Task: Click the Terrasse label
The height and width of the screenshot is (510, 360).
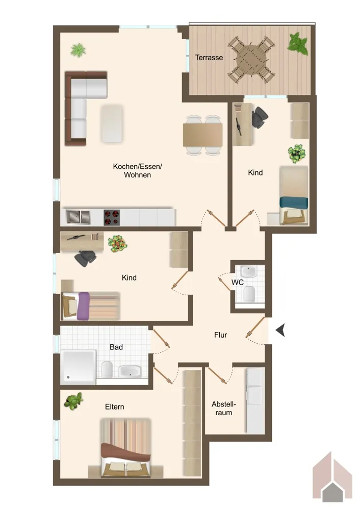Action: pos(209,58)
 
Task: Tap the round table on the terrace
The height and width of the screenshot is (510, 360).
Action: pos(251,60)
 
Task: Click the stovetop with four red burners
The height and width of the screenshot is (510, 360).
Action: pos(112,218)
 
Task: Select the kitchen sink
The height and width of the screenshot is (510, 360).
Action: pos(78,217)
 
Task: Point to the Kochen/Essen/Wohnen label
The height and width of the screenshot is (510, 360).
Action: pos(137,171)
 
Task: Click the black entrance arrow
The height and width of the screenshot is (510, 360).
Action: pos(280,330)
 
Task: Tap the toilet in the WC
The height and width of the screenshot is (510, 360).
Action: pos(249,294)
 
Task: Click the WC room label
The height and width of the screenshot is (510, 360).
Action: pos(238,283)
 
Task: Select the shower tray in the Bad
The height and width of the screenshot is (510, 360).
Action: pos(78,367)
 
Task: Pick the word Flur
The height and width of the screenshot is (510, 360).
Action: pos(220,335)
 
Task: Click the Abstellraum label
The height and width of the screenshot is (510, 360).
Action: pos(224,409)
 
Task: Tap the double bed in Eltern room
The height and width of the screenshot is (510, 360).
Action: pos(125,448)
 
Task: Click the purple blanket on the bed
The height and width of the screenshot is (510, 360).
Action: pos(83,306)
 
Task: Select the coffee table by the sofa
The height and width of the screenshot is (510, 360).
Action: pos(112,123)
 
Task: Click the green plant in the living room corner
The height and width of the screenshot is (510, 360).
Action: pos(78,50)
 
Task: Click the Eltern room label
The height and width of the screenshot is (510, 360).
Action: pos(114,407)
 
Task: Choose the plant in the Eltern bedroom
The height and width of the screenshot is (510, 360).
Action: pos(74,401)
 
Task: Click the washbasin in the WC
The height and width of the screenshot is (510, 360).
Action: pos(249,271)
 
